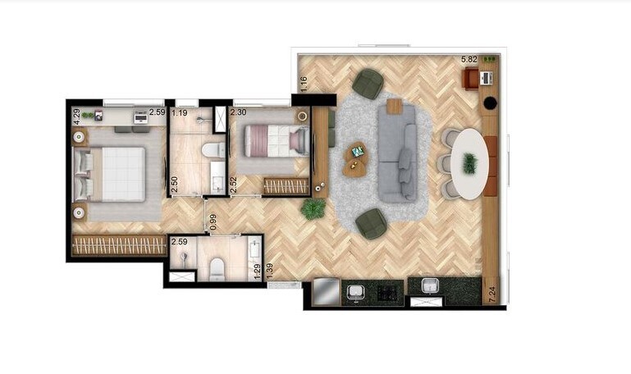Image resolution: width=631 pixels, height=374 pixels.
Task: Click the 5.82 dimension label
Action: (x=469, y=60)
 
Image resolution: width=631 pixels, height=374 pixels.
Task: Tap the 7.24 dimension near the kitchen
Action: (x=492, y=294)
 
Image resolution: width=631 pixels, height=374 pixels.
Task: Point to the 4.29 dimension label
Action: (x=76, y=115)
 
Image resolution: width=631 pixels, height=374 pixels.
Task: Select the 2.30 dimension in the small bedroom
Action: (x=239, y=112)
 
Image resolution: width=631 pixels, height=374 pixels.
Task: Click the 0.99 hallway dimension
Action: (x=213, y=221)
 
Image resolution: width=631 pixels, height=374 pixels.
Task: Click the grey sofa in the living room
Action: (x=397, y=152)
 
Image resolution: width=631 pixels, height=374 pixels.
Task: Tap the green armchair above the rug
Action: (x=368, y=83)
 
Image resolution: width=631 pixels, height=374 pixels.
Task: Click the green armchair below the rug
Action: (x=372, y=224)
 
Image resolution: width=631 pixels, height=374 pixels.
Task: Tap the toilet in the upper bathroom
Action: (x=213, y=151)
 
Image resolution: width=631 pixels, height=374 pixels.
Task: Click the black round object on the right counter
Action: (x=491, y=104)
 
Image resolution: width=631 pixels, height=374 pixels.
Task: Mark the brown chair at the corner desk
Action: (x=470, y=78)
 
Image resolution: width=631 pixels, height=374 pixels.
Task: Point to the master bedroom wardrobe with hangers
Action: (x=119, y=245)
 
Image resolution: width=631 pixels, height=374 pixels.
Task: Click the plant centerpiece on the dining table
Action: (x=469, y=163)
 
